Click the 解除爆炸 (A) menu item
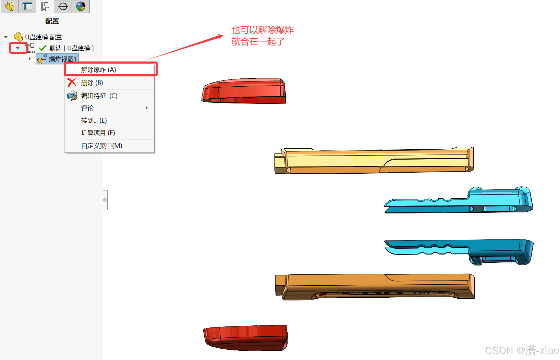pos(98,70)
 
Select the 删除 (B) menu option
pos(92,83)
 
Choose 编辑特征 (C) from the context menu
pos(99,96)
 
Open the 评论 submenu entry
pos(87,108)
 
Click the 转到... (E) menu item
pos(94,121)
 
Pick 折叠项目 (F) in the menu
pos(98,133)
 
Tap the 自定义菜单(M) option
pos(101,146)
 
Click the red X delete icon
pos(72,83)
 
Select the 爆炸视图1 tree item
pos(63,59)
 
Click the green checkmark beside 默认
pos(42,48)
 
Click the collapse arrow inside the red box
pos(17,48)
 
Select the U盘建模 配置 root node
pos(44,37)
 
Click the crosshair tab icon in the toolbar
pos(63,6)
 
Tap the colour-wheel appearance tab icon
pos(81,6)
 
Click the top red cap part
pos(244,91)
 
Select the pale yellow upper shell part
pos(374,160)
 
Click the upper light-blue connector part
pos(459,200)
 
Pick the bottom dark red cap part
pos(245,338)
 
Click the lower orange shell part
pos(375,287)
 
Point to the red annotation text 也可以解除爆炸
pos(263,30)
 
